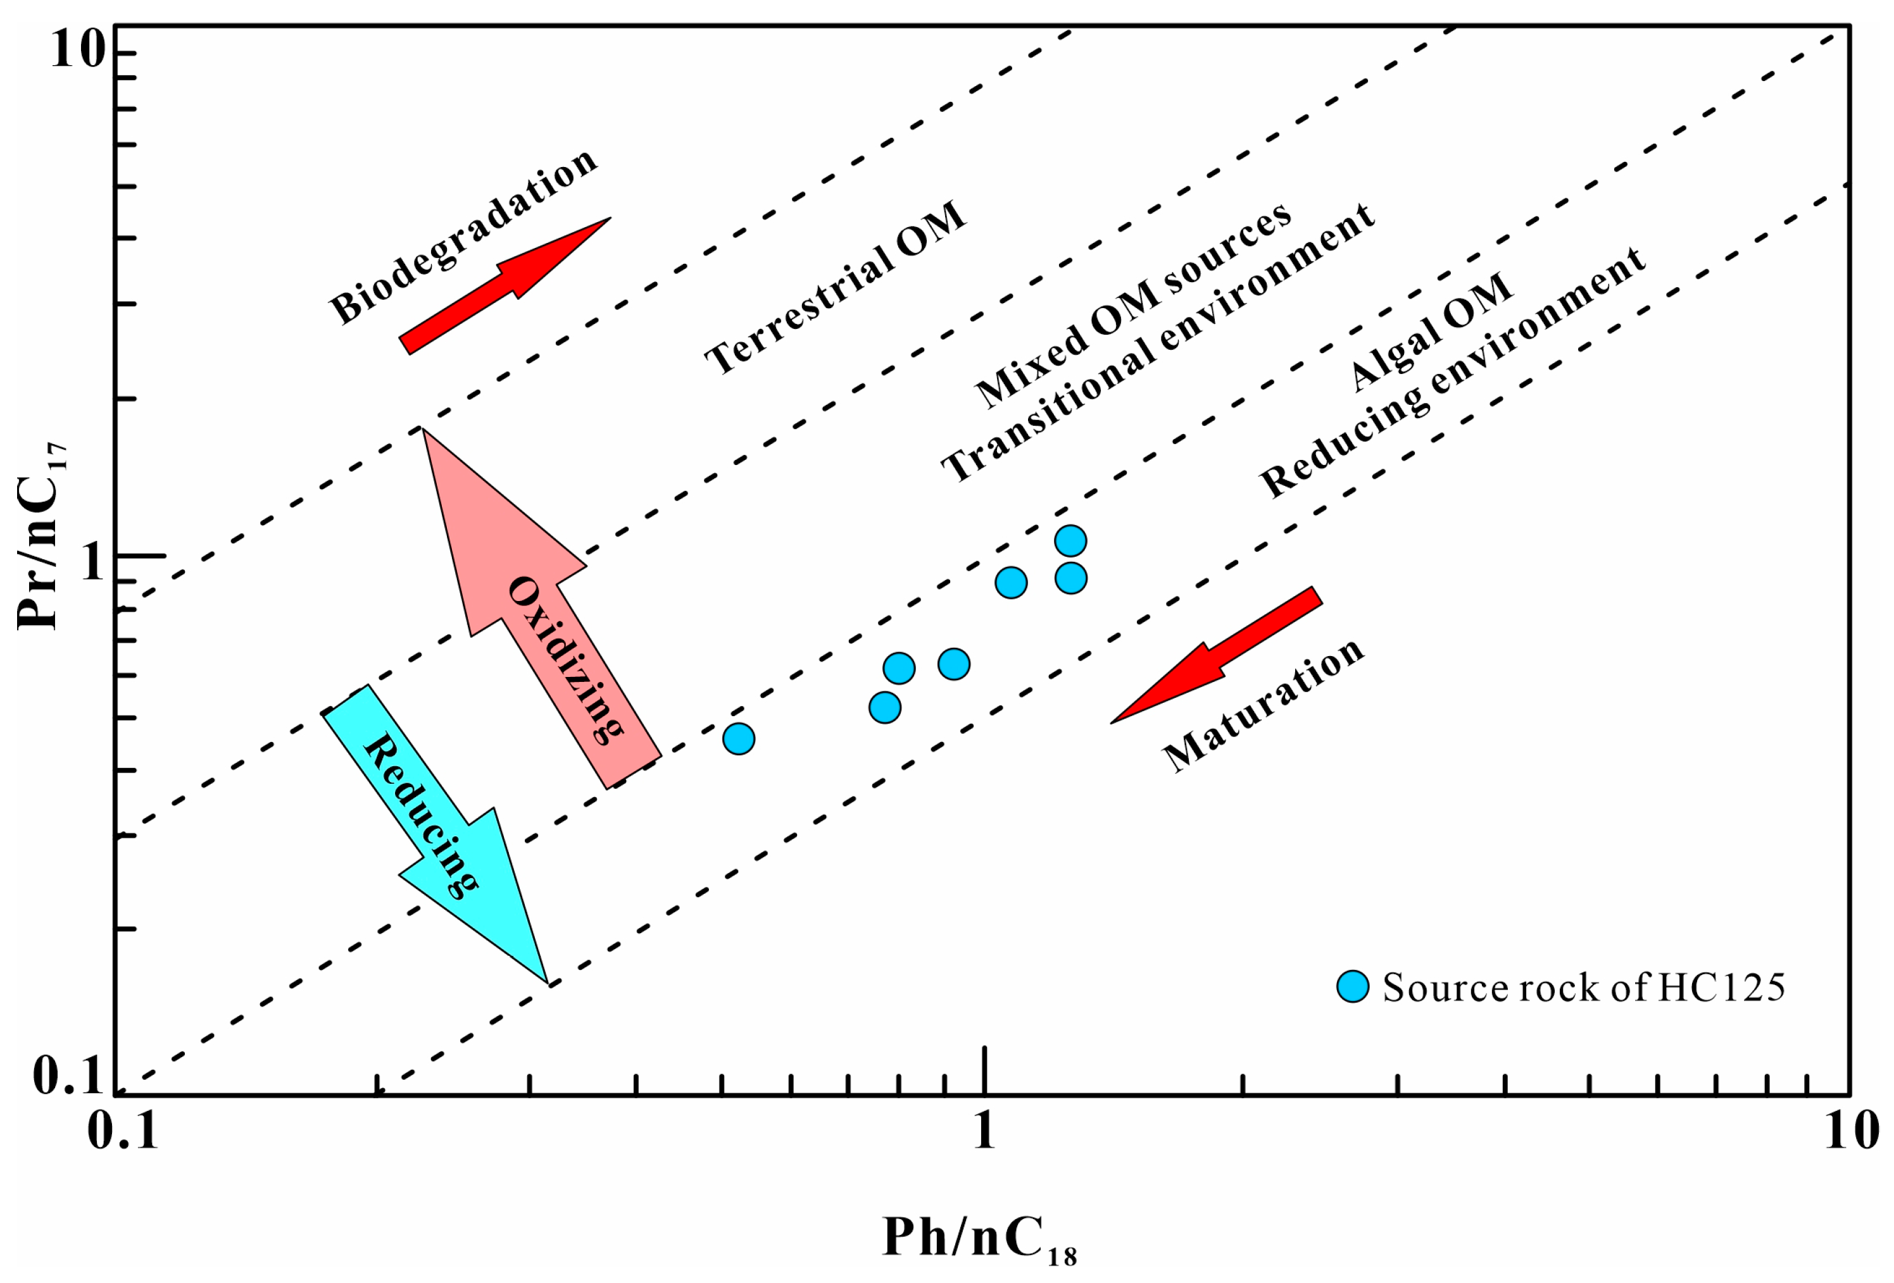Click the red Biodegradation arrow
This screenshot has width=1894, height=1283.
[505, 285]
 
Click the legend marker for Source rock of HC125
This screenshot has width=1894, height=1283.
[1353, 986]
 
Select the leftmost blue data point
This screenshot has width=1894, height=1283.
[738, 739]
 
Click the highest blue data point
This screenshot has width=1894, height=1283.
[1070, 540]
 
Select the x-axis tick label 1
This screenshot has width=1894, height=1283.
[984, 1132]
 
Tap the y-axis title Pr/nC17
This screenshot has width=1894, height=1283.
[41, 538]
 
